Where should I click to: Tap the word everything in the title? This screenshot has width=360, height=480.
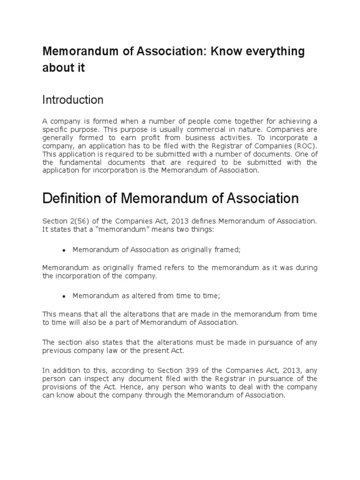[x=273, y=52]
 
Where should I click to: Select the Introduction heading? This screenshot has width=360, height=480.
[x=73, y=100]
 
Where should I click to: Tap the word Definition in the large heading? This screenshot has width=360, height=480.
[x=74, y=199]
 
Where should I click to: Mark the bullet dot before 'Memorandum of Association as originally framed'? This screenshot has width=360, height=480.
[x=63, y=250]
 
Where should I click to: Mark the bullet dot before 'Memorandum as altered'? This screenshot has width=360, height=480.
[x=63, y=296]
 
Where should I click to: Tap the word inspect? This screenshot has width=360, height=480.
[x=97, y=379]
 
